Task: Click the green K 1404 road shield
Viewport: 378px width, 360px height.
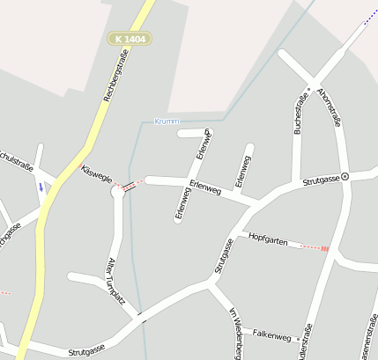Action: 130,39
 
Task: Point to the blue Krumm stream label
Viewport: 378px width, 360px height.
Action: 167,121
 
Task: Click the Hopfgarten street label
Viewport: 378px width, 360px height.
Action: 268,238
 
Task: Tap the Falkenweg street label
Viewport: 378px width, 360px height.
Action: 271,336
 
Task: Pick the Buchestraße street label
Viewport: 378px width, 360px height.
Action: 300,112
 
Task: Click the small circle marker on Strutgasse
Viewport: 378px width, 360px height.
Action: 345,176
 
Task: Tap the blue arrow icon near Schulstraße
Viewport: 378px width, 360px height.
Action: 40,187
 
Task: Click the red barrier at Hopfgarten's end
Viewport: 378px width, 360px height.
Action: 324,249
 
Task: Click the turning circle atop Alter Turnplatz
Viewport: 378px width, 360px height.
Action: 118,192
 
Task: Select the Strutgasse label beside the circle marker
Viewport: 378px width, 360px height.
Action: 321,180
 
